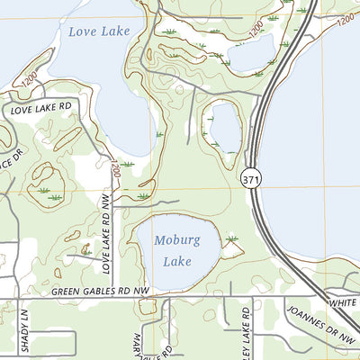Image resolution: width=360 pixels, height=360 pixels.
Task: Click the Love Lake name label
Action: click(99, 31)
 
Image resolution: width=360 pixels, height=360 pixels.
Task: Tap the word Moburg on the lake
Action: click(177, 240)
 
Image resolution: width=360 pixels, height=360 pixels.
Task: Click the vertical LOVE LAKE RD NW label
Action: click(106, 240)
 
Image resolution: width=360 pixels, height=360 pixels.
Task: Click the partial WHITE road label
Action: click(343, 304)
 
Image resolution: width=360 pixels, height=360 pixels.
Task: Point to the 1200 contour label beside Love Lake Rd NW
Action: click(115, 168)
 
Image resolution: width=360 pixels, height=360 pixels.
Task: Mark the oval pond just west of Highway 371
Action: click(223, 125)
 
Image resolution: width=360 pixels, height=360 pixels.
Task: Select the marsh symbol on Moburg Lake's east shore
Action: click(232, 238)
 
